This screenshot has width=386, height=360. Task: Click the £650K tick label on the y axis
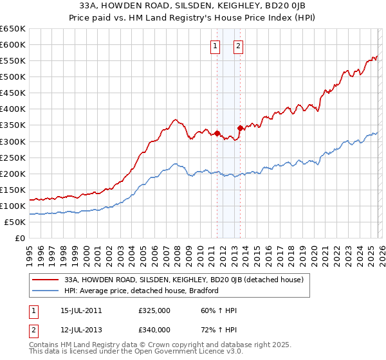pos(13,29)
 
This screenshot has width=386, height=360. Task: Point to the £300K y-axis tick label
pos(13,141)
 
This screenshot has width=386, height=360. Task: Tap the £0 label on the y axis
pos(19,238)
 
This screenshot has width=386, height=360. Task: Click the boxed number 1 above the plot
pos(214,46)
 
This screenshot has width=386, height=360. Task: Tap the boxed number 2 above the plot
pos(238,46)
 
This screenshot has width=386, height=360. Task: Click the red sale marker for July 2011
pos(217,133)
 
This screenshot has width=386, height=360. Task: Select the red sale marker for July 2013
pos(240,129)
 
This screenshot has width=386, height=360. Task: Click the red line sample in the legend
pos(46,280)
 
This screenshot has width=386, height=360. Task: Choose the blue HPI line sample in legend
pos(46,291)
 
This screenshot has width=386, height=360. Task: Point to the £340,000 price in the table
pos(154,330)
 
